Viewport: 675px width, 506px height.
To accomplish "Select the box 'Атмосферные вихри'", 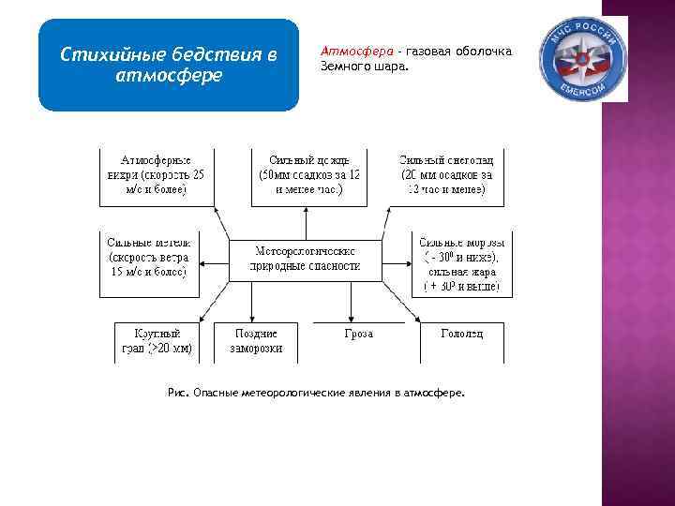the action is [x=157, y=175].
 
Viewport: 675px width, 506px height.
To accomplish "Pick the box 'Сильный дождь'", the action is [x=308, y=175].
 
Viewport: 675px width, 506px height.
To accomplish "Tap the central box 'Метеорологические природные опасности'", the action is [x=306, y=258].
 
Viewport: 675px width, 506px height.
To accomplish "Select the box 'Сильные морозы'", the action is [x=462, y=265].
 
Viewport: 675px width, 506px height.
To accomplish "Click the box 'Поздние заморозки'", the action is [x=256, y=341].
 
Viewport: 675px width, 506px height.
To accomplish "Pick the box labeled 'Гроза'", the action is [x=359, y=335].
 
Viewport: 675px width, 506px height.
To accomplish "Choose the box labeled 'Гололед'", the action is [x=462, y=335].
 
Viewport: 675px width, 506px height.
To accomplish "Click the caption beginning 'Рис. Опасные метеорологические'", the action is [x=314, y=394].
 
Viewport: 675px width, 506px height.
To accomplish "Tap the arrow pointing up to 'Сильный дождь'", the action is [x=307, y=223].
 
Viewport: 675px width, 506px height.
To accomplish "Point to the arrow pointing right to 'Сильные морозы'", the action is [x=397, y=258].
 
